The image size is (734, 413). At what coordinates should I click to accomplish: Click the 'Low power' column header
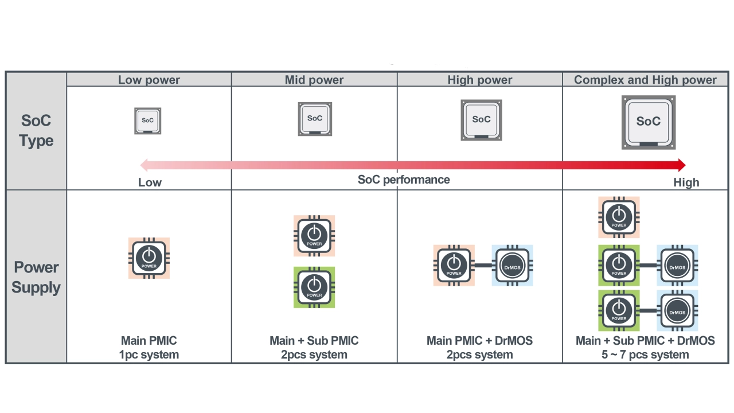pos(149,80)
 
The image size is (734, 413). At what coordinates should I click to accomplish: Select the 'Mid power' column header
pos(314,80)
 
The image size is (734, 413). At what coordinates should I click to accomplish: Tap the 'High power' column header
pos(480,80)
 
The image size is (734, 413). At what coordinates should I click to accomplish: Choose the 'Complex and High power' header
pos(645,80)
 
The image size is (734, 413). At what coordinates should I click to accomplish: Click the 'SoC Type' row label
pos(36,130)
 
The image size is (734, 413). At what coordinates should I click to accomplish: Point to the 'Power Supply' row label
pos(36,277)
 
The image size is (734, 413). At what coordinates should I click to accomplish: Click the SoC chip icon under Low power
pos(148,120)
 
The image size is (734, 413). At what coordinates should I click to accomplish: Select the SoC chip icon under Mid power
pos(315,119)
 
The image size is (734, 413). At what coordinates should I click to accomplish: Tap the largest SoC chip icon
pos(649,122)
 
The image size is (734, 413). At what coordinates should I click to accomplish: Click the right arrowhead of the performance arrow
pos(682,165)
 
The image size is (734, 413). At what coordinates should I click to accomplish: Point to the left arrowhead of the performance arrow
pos(144,165)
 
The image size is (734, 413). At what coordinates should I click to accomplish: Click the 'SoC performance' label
pos(404,180)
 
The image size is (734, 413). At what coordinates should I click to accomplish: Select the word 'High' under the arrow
pos(686,182)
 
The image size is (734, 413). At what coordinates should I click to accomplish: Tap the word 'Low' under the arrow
pos(150,182)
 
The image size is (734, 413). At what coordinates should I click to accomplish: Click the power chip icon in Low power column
pos(149,258)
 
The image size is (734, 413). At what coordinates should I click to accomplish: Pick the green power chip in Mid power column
pos(314,287)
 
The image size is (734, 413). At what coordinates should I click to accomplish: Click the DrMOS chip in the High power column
pos(512,265)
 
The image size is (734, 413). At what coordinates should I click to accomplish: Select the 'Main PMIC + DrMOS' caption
pos(480,341)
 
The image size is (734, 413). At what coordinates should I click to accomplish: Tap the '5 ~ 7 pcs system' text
pos(645,354)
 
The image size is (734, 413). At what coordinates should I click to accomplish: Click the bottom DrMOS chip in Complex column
pos(677,310)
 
